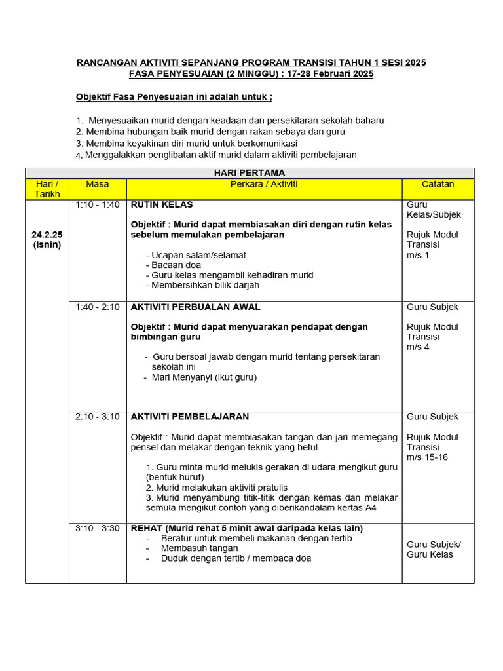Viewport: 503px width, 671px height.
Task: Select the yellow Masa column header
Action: (x=98, y=185)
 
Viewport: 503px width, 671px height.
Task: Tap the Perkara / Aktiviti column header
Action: (x=264, y=185)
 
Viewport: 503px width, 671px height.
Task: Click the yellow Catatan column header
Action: (x=438, y=185)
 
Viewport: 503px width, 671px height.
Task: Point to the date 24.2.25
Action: (x=47, y=235)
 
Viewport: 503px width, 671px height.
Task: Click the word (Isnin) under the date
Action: (x=47, y=244)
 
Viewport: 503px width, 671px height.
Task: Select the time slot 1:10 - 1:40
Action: (x=98, y=205)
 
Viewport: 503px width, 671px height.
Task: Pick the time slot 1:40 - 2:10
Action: (x=98, y=307)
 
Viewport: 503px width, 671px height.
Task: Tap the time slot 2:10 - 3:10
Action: (x=98, y=417)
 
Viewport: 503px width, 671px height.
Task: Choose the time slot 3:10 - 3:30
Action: (x=98, y=528)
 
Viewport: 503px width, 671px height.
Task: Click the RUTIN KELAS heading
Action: (x=162, y=205)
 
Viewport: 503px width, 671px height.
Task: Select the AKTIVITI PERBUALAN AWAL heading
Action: (x=195, y=307)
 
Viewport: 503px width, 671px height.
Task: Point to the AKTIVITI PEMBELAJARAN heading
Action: (x=189, y=417)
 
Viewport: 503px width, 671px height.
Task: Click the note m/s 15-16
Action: (x=427, y=457)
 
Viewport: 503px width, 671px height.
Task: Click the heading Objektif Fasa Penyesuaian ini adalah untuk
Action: (x=174, y=98)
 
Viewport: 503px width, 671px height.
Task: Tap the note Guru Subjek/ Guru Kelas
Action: (x=434, y=549)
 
